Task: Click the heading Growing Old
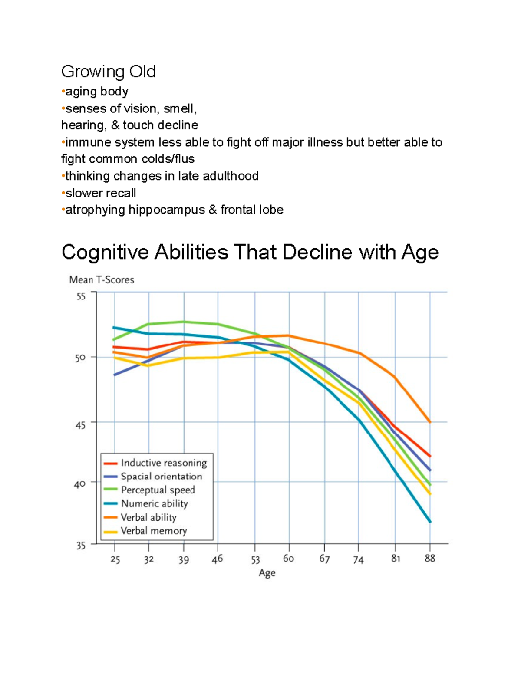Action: [x=108, y=72]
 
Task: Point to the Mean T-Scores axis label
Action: [x=102, y=280]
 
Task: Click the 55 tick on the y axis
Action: [x=81, y=297]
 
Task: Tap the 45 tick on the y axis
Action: [x=81, y=425]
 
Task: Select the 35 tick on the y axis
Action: [x=81, y=546]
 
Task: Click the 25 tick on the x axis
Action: [x=115, y=559]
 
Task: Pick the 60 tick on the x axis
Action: [x=288, y=559]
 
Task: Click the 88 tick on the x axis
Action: [x=430, y=558]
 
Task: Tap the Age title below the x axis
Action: [x=267, y=573]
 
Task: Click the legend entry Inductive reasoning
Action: [x=164, y=463]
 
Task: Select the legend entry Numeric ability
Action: [x=154, y=503]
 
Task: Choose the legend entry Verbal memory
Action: [x=154, y=531]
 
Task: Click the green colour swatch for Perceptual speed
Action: [x=111, y=490]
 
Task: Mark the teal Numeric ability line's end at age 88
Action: [x=430, y=521]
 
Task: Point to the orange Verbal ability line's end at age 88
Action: [x=430, y=422]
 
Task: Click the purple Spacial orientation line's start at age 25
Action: [x=115, y=375]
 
